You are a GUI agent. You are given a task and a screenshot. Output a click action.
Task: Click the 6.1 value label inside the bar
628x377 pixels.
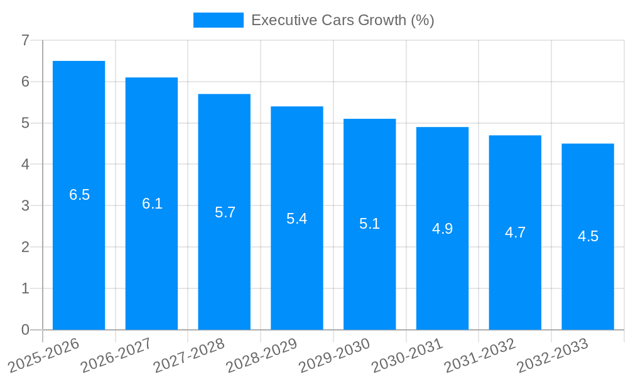tap(152, 204)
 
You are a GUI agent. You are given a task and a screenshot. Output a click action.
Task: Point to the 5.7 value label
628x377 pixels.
tap(225, 212)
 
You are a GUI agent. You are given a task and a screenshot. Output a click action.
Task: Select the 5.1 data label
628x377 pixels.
tap(370, 224)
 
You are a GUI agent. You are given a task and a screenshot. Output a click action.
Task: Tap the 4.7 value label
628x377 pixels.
tap(515, 232)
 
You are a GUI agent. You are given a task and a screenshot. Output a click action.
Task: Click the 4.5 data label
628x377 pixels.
tap(588, 237)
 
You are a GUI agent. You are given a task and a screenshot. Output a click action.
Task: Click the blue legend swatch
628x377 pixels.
tap(218, 20)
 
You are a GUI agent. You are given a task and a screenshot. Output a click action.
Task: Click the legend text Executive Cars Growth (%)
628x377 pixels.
tap(342, 20)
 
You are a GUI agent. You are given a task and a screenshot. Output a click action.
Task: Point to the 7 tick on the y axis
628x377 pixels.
tap(25, 41)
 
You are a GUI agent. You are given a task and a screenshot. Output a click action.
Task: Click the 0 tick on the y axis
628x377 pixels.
tap(25, 330)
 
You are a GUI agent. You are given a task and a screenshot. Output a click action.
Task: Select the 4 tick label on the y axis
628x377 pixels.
tap(25, 165)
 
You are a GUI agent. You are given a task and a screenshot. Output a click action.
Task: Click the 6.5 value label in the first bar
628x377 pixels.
tap(80, 195)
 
